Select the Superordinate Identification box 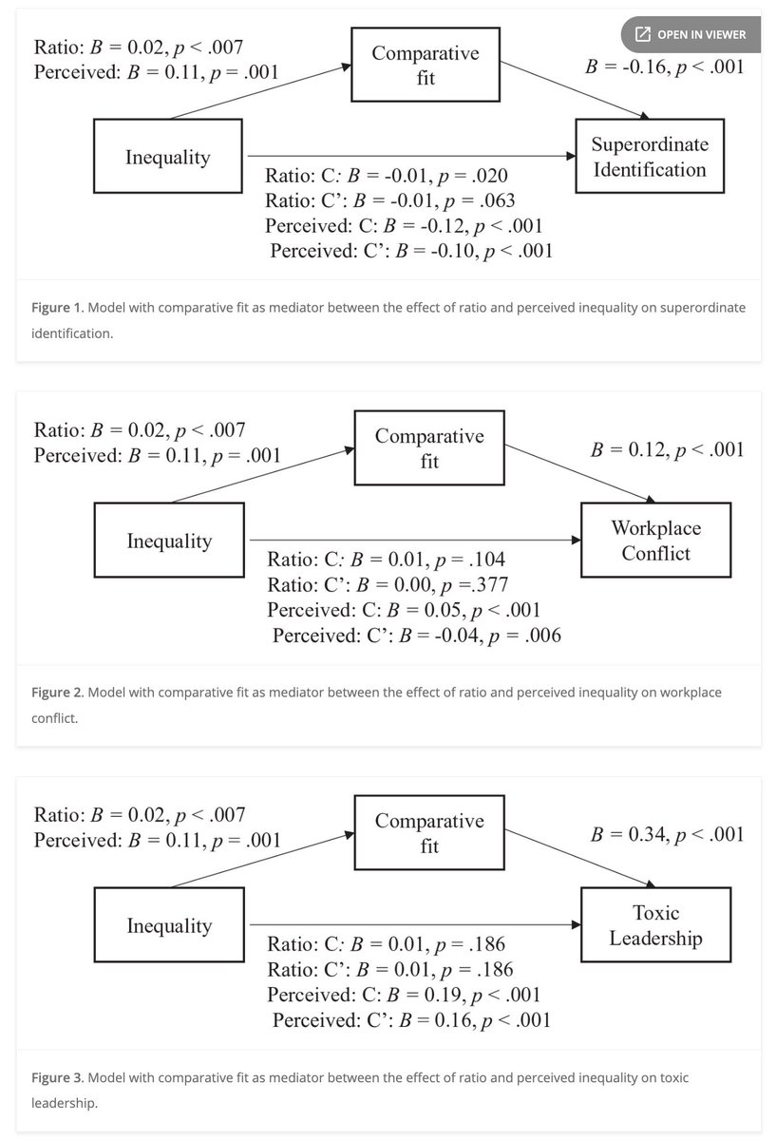pyautogui.click(x=649, y=157)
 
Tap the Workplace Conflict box pyautogui.click(x=654, y=541)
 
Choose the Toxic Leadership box pyautogui.click(x=655, y=925)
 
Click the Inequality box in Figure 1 pyautogui.click(x=168, y=157)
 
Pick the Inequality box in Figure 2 pyautogui.click(x=169, y=541)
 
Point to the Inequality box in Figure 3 pyautogui.click(x=169, y=925)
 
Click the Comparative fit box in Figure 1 pyautogui.click(x=425, y=66)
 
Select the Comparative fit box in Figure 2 pyautogui.click(x=428, y=449)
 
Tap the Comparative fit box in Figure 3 pyautogui.click(x=428, y=833)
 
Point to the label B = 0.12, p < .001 pyautogui.click(x=667, y=449)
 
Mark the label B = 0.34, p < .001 pyautogui.click(x=667, y=834)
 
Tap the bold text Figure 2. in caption pyautogui.click(x=59, y=693)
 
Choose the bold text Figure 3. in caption pyautogui.click(x=59, y=1078)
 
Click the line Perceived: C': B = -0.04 pyautogui.click(x=416, y=636)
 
